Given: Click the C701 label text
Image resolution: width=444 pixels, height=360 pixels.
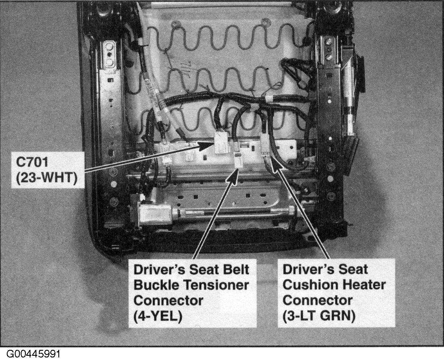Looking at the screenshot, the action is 32,162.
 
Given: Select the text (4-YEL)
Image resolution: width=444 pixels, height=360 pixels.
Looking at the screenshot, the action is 158,316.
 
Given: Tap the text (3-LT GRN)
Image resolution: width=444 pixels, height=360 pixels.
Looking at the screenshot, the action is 319,316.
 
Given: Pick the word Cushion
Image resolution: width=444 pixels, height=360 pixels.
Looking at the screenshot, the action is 311,285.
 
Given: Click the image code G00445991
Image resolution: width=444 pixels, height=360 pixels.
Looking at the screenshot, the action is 33,354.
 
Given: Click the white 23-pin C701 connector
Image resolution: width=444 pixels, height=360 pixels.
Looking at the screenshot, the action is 222,142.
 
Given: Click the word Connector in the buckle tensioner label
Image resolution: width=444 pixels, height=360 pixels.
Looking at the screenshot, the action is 168,300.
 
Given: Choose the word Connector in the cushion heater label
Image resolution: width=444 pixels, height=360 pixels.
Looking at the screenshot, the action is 318,300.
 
